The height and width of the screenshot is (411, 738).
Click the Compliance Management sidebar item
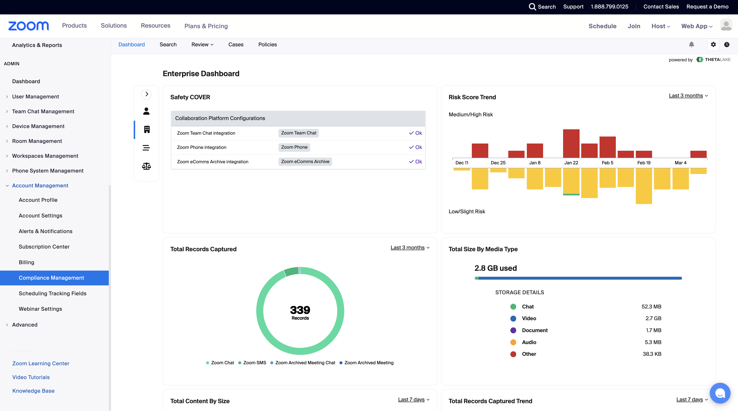51,278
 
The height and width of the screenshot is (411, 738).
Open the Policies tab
267,44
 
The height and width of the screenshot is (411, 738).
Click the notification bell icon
691,44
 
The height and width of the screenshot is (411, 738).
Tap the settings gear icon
713,44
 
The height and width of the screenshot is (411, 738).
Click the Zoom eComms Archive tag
305,161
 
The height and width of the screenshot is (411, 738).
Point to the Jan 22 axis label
571,163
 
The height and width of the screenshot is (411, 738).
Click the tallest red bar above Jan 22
571,143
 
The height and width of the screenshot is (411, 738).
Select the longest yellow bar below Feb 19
644,186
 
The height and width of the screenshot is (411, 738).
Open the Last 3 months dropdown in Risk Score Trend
688,96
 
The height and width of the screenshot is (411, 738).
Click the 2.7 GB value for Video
653,318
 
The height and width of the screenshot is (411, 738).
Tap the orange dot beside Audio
513,342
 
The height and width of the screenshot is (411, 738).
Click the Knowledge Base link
33,391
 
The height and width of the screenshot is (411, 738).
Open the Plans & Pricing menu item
206,26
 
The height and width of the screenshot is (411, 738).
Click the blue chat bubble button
720,393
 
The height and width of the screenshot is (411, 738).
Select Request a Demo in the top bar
707,7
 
